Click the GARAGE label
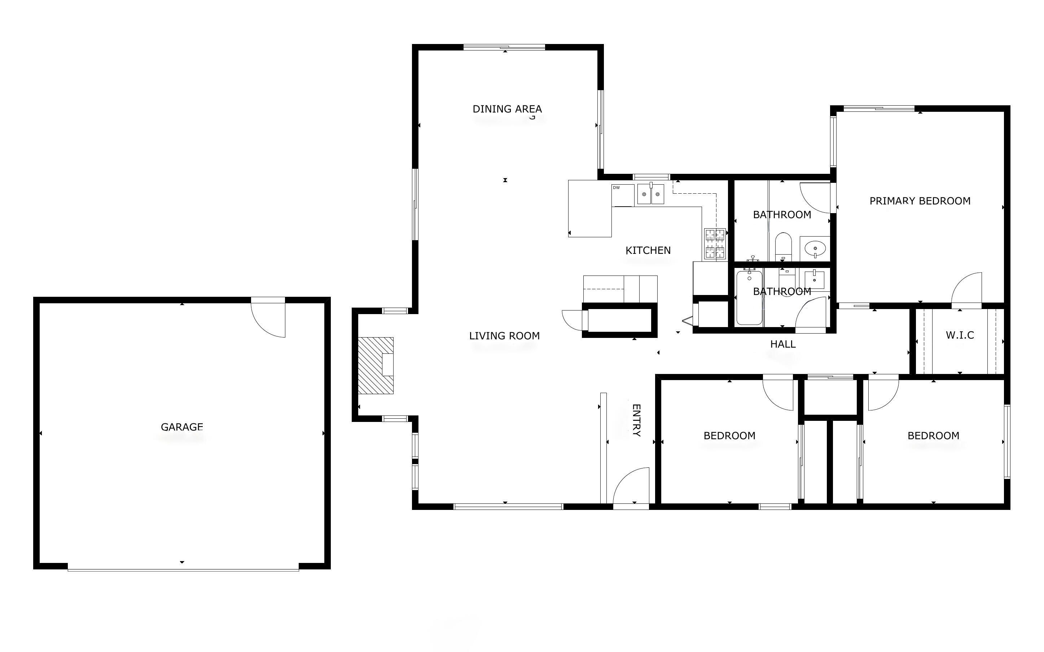(181, 427)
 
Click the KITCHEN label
(648, 251)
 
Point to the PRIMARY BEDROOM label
(920, 201)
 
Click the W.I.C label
(960, 335)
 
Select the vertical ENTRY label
(636, 420)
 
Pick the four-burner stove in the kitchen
(715, 244)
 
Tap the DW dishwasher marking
(617, 188)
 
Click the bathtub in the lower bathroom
(749, 298)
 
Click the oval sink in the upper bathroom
(815, 249)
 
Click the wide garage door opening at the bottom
(183, 570)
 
